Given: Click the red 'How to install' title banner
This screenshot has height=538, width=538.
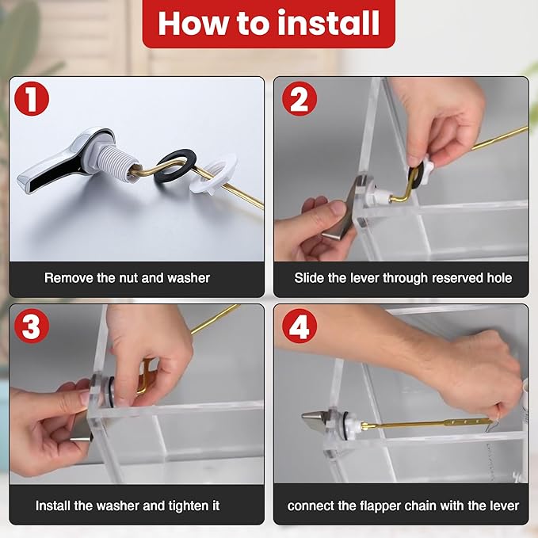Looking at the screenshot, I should click(x=269, y=24).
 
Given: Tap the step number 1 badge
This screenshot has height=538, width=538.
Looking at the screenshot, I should click(x=32, y=100).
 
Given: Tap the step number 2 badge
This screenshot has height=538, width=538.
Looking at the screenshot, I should click(x=300, y=100).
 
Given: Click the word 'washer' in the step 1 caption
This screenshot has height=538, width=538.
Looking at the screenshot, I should click(x=189, y=278).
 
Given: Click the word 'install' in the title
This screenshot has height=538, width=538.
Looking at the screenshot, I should click(x=322, y=24).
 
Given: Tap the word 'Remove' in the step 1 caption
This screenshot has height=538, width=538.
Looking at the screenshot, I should click(x=67, y=278).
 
